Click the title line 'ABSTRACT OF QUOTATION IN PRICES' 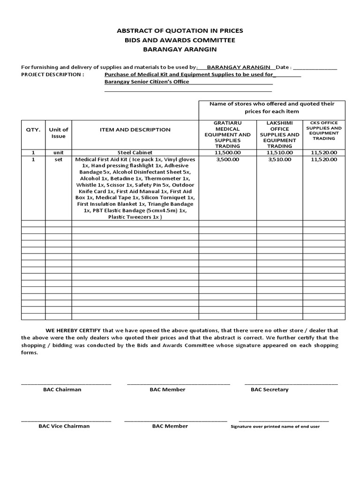(x=180, y=30)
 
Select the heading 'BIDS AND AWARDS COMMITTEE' (x=180, y=40)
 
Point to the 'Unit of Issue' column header (x=59, y=133)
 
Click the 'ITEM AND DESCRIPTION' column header (x=135, y=129)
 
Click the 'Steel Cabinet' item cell (x=135, y=152)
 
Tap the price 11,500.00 (x=227, y=152)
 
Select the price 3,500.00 (x=227, y=159)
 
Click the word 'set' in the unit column (x=59, y=159)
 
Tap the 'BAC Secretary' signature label (x=270, y=390)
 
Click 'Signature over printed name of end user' (x=275, y=427)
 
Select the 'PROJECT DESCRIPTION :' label (x=53, y=75)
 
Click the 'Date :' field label (x=284, y=67)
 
